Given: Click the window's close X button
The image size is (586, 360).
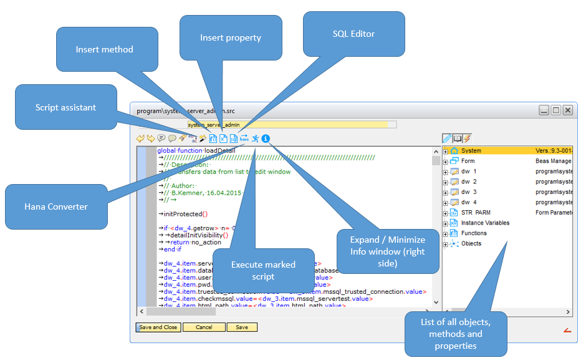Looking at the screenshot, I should (x=567, y=110).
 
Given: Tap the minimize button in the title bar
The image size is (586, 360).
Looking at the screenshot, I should (x=544, y=110).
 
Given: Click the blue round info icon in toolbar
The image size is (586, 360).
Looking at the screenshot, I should (x=266, y=139).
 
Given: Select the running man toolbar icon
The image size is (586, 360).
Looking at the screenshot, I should (x=255, y=139).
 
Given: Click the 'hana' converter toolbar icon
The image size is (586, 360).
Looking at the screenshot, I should (x=244, y=139).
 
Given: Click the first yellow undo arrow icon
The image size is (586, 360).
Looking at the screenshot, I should (x=140, y=139).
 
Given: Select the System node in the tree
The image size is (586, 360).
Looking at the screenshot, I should (x=471, y=151).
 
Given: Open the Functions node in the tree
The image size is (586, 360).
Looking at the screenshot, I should (x=474, y=233).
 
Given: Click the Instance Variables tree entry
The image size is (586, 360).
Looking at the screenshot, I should (x=485, y=223).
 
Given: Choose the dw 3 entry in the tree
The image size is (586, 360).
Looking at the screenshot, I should (x=468, y=192).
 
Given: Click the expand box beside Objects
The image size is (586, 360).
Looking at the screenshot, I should (x=445, y=244).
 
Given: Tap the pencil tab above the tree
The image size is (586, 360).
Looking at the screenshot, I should (x=447, y=139).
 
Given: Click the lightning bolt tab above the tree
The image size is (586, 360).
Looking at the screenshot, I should (x=466, y=139).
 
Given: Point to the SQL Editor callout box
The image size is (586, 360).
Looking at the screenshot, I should (x=353, y=34).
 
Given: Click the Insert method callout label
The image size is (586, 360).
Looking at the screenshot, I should (x=104, y=49).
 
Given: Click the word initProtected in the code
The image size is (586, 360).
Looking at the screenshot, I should (x=181, y=214).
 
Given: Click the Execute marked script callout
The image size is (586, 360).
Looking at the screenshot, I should (x=264, y=270).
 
